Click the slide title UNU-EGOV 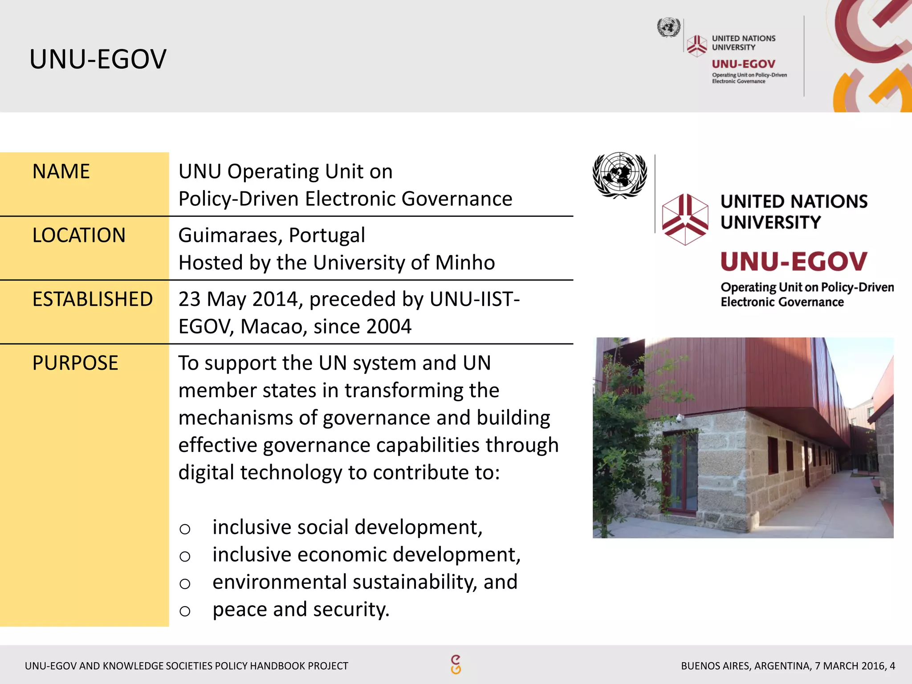98,59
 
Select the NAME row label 61,172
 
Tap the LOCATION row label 79,236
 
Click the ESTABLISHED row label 93,299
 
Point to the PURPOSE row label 75,363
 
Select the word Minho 465,263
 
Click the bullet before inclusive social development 185,529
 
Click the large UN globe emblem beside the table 619,175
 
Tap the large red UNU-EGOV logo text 794,261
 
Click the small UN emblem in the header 668,28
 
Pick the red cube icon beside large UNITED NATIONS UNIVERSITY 684,219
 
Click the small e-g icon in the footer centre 456,664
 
